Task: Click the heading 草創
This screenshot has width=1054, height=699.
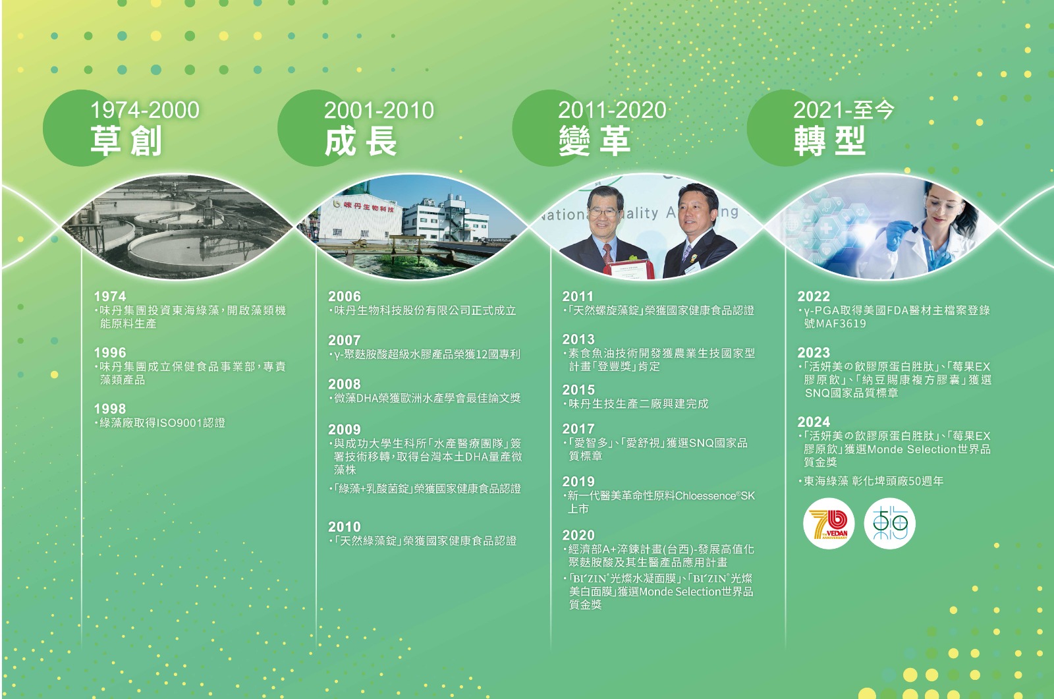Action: click(126, 141)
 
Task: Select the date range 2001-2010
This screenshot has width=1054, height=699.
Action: click(379, 110)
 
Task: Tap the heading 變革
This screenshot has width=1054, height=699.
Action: click(595, 141)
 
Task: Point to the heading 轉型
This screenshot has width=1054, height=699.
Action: click(829, 141)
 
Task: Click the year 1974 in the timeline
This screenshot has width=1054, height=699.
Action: click(110, 296)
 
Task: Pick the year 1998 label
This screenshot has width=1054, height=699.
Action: click(110, 408)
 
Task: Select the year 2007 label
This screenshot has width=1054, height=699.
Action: click(345, 340)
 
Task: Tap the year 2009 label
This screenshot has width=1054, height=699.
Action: click(345, 430)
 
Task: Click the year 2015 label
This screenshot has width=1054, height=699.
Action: click(579, 390)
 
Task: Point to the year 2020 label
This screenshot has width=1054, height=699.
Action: click(579, 535)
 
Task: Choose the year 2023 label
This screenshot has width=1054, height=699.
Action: click(814, 352)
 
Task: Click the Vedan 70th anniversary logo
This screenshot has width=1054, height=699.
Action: click(829, 523)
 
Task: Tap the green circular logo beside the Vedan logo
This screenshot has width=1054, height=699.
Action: click(889, 523)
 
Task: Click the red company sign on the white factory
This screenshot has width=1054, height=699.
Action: click(369, 206)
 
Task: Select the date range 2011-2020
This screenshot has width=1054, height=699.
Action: click(612, 110)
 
